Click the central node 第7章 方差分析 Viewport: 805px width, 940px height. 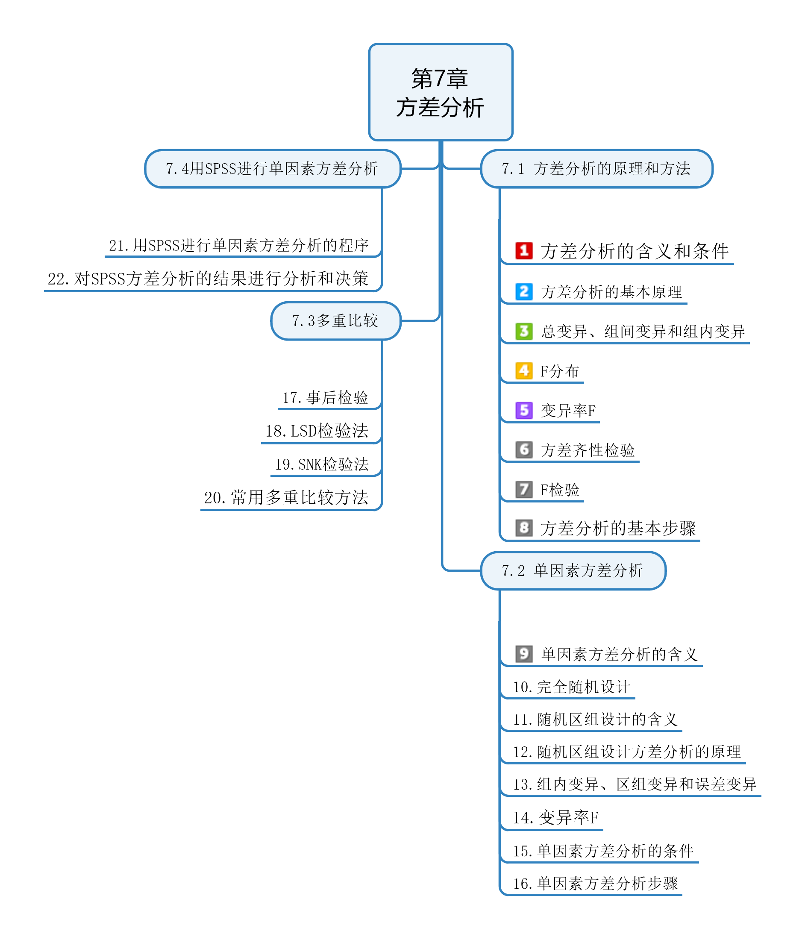click(440, 92)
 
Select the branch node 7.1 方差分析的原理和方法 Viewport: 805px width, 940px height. click(596, 169)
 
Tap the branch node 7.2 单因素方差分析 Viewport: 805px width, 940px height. click(573, 570)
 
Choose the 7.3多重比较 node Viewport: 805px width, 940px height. click(335, 321)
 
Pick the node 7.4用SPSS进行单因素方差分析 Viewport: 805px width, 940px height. click(272, 169)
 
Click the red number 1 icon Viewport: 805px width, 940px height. click(524, 250)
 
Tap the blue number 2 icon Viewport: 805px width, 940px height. click(524, 291)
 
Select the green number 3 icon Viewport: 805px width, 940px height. click(524, 331)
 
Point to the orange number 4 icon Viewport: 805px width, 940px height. click(524, 370)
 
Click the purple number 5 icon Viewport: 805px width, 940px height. click(524, 410)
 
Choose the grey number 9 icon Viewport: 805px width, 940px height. click(524, 654)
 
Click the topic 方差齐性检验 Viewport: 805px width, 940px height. click(588, 450)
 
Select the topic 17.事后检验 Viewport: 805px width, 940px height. click(325, 397)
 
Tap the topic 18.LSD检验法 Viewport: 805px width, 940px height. click(317, 431)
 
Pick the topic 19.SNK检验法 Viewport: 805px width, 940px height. click(322, 464)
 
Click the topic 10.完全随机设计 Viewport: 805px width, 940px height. click(571, 687)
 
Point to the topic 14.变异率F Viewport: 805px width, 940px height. click(555, 817)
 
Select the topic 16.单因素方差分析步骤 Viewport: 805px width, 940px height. click(595, 883)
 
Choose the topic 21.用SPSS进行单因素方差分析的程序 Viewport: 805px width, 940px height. click(239, 245)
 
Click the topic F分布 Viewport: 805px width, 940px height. click(559, 371)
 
